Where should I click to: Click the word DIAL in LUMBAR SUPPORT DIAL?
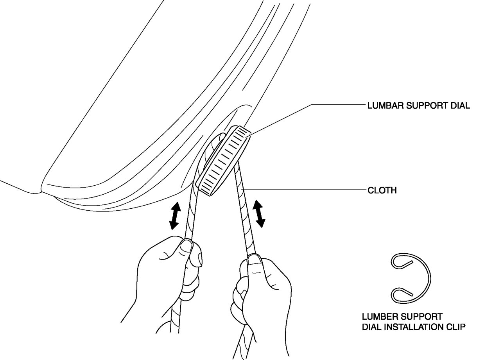pos(459,106)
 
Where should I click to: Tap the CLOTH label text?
pos(382,190)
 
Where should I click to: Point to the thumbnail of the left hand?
pos(186,246)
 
